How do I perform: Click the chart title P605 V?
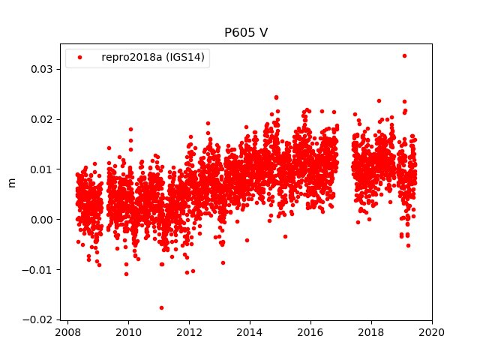click(246, 33)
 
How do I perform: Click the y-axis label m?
click(11, 182)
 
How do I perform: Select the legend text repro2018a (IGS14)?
click(154, 57)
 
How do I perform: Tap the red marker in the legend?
click(80, 57)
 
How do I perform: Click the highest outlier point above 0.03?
click(404, 55)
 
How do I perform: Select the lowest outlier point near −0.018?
click(161, 307)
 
